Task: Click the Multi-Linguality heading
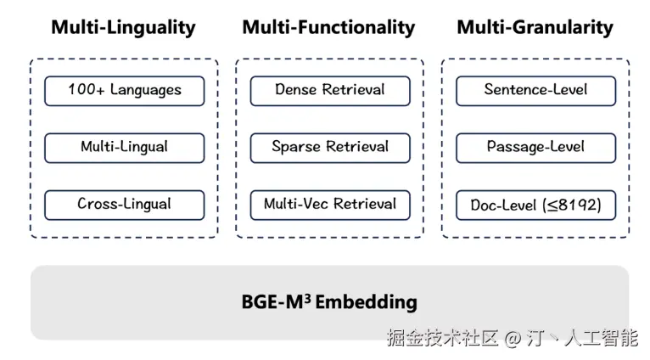123,27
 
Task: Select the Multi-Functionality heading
328,27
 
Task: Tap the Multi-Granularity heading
535,27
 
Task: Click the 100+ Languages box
124,90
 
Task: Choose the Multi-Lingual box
124,147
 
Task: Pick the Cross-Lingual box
124,204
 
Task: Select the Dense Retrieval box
329,90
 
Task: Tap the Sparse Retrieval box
329,147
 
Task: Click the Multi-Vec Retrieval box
329,204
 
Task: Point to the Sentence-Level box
535,90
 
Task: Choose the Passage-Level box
535,147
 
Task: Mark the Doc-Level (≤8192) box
535,205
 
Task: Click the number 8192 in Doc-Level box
578,205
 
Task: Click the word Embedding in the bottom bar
367,302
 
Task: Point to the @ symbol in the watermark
512,338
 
